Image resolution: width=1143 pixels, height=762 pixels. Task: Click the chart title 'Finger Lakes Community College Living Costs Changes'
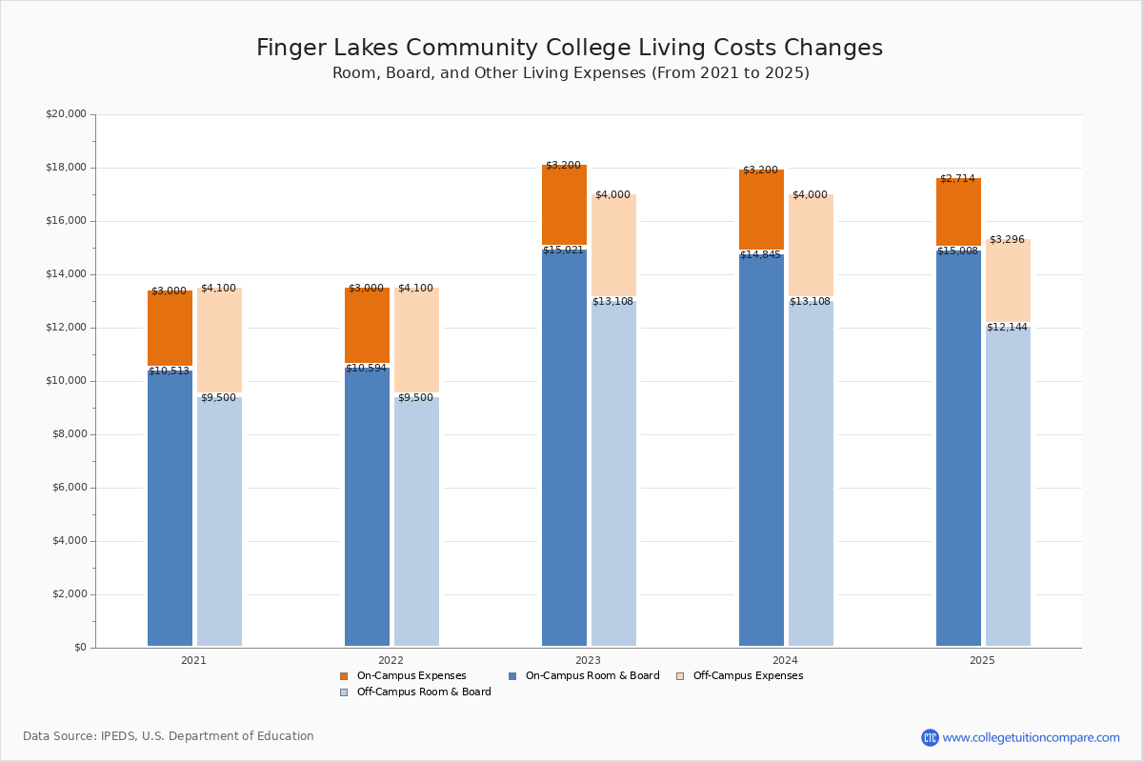(570, 49)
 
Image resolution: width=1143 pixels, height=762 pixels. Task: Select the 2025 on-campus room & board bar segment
(958, 448)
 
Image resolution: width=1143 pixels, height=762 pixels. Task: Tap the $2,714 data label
(957, 179)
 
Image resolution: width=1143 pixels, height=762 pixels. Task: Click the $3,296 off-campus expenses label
(1007, 240)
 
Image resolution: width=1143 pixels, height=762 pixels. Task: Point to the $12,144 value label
(1007, 328)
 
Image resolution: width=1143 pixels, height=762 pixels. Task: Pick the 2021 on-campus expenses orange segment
(170, 329)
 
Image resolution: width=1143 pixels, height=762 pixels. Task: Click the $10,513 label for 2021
(169, 371)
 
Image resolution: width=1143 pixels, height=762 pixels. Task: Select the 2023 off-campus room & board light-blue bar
(613, 476)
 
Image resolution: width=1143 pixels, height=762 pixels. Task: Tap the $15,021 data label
(563, 251)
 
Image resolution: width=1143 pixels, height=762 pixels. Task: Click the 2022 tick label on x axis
(391, 660)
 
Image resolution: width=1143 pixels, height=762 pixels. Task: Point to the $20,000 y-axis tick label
(66, 114)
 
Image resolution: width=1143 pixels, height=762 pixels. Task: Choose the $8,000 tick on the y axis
(69, 434)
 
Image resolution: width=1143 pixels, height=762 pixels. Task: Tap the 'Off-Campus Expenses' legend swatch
(680, 676)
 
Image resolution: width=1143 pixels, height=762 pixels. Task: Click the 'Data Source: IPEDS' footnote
(169, 736)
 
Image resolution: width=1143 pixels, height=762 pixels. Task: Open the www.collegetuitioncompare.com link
(1031, 737)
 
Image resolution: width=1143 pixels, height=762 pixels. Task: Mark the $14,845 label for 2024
(760, 255)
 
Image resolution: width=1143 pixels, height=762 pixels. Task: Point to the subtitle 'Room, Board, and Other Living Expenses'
(570, 73)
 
